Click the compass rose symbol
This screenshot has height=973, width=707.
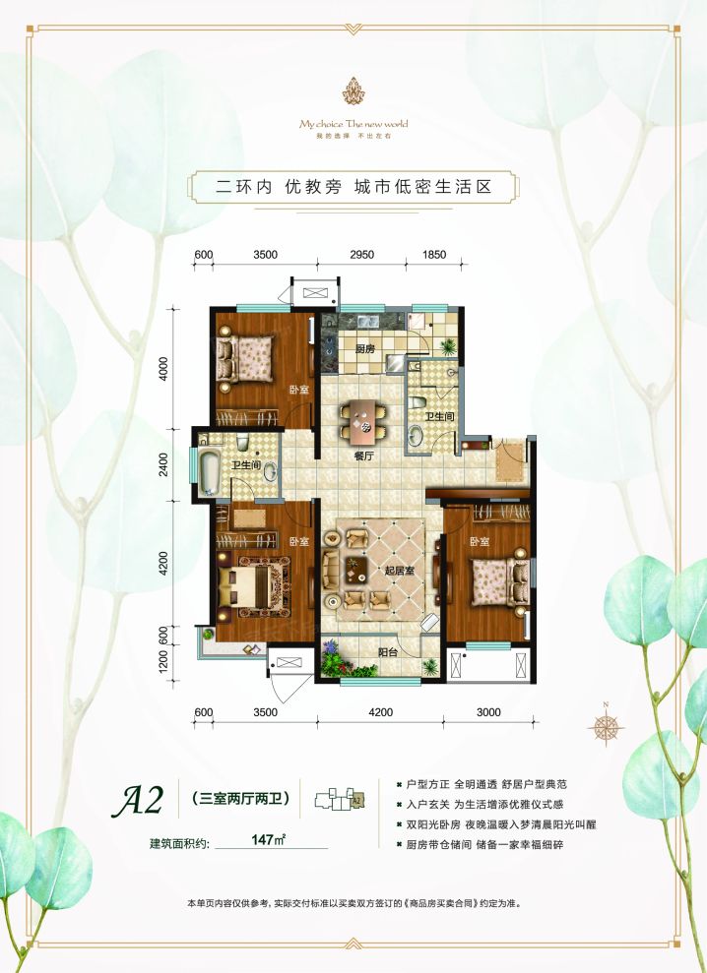tap(603, 727)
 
